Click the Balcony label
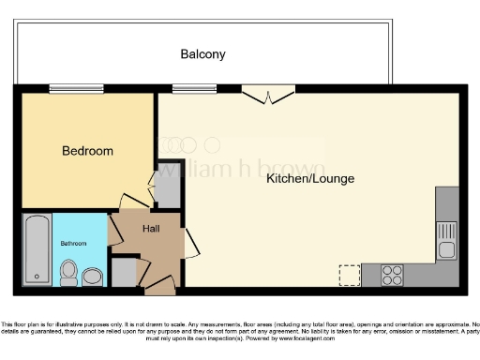point(202,54)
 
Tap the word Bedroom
point(87,151)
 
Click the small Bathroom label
point(74,243)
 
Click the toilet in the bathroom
point(68,273)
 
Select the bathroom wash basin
point(92,277)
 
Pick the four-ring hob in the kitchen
point(392,276)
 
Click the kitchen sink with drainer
point(446,239)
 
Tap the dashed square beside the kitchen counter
point(350,276)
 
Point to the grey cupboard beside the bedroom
point(168,191)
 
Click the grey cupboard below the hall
point(124,272)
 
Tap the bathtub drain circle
point(37,277)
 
